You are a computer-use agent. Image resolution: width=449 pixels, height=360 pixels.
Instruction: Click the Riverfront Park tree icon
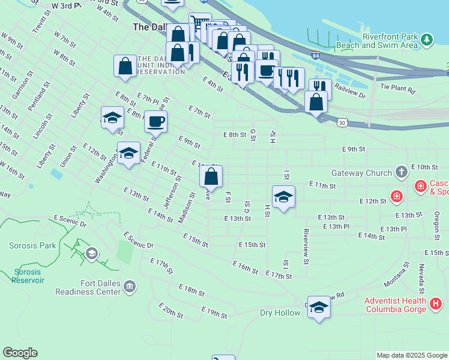pos(427,40)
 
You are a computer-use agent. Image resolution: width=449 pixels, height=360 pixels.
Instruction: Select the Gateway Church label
pos(366,173)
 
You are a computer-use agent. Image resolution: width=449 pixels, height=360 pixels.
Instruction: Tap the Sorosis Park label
pos(32,245)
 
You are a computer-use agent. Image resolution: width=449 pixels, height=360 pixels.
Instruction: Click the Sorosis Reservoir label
pos(28,275)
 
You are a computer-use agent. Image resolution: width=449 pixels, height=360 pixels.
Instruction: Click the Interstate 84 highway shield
pos(316,56)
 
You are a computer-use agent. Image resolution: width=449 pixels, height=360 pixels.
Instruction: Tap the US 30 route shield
pos(342,122)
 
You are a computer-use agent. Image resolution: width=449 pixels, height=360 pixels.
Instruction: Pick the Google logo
pos(20,353)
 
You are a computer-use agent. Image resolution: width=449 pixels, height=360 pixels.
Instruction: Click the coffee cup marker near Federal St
pos(156,122)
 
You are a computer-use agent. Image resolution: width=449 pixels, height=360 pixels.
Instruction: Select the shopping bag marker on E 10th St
pos(211,177)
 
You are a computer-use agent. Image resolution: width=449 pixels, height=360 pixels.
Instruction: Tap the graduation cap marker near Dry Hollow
pos(319,308)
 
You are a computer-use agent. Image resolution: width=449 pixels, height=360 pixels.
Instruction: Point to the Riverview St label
pos(306,247)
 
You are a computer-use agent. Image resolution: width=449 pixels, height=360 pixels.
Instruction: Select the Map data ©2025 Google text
pos(411,355)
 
